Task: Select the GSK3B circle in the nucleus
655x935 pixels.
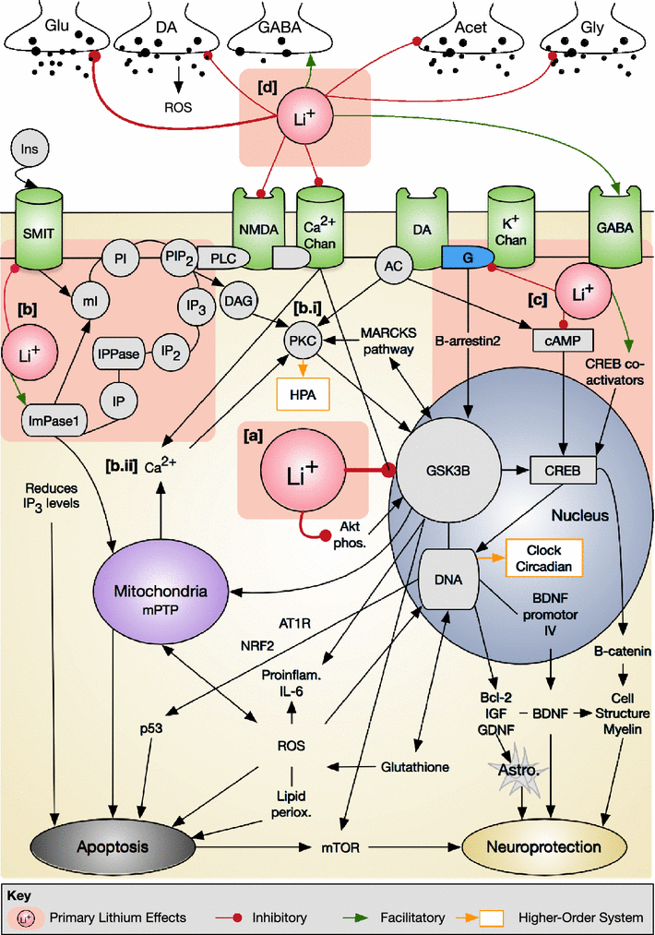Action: click(x=448, y=470)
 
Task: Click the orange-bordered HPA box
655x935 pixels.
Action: click(x=301, y=393)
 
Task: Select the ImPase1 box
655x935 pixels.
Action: click(x=58, y=423)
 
